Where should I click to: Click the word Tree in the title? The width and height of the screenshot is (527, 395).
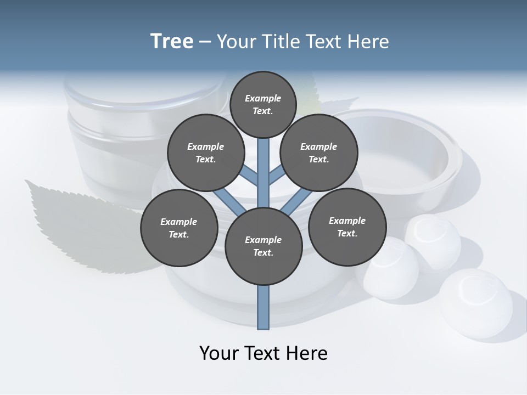172,42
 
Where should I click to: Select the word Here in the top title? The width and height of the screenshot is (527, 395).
368,42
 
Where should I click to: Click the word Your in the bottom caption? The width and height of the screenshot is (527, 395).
218,353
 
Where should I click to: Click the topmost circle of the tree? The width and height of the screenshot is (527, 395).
263,104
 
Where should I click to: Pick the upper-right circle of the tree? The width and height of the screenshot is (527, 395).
319,153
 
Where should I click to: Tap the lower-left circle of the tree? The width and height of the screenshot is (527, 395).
179,228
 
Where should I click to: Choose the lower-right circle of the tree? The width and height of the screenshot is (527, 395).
347,227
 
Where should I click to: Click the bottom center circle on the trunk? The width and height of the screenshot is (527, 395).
263,246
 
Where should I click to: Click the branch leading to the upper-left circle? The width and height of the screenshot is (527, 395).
250,176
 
